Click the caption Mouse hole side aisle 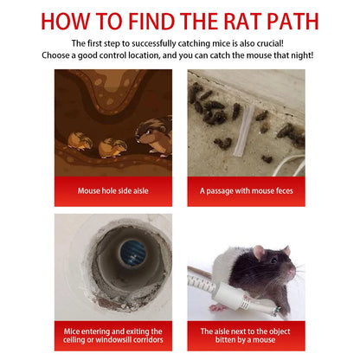(110, 190)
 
